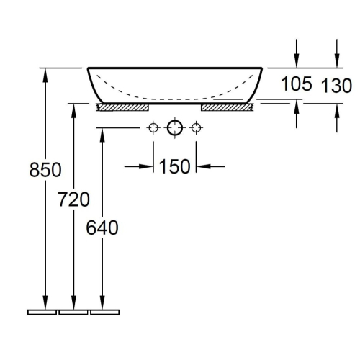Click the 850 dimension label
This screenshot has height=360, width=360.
(45, 170)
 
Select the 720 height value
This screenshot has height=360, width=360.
(73, 199)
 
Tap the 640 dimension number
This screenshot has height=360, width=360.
(102, 228)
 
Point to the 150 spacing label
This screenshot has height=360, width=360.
(174, 166)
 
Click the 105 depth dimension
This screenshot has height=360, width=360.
(297, 84)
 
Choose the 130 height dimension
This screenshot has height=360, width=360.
(336, 86)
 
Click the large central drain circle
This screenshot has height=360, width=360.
(175, 127)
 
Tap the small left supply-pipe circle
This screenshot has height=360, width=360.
(153, 127)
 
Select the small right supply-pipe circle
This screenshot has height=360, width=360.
(196, 127)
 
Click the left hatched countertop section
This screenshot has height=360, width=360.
(122, 107)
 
